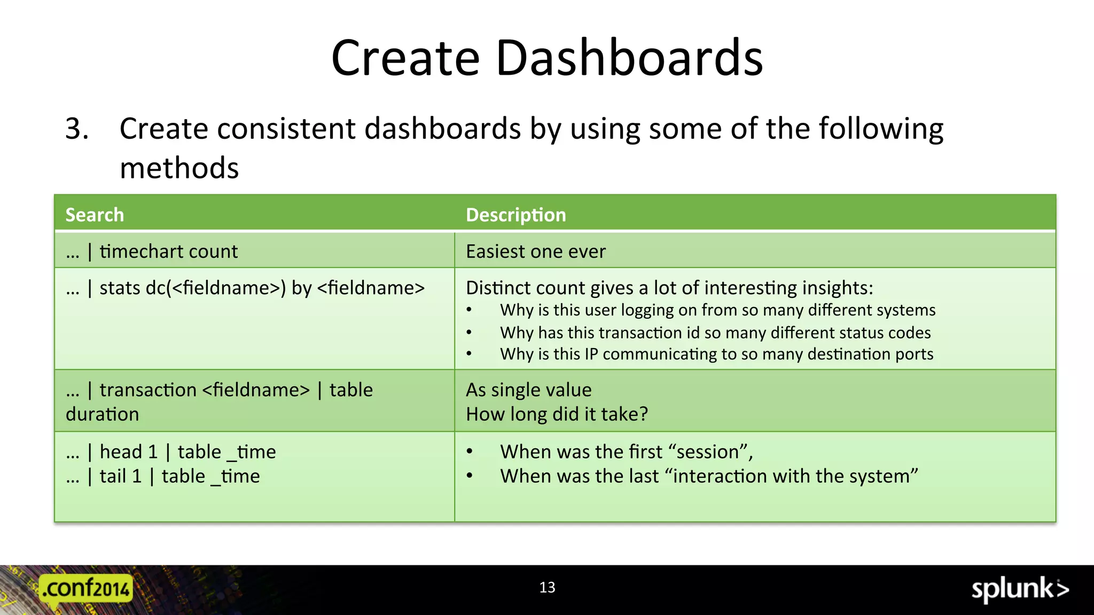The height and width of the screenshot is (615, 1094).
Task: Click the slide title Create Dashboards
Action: coord(547,58)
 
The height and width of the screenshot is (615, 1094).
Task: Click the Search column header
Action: coord(95,215)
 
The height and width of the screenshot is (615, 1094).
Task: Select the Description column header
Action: coord(515,215)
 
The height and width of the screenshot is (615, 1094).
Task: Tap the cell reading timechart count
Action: coord(152,251)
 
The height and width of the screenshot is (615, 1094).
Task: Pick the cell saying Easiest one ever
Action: coord(536,251)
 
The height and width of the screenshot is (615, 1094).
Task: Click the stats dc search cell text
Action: coord(245,288)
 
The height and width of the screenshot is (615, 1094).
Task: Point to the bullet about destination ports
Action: coord(716,354)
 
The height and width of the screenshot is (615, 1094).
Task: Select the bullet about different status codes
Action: coord(715,333)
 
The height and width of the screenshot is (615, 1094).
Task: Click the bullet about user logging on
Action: coord(717,310)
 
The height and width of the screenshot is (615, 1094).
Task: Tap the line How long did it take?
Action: coord(557,414)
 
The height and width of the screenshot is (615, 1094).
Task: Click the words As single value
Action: coord(528,390)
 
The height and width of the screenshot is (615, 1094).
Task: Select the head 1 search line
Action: coord(171,452)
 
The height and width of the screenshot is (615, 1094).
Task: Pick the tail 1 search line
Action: coord(163,476)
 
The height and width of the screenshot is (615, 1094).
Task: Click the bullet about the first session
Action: coord(626,452)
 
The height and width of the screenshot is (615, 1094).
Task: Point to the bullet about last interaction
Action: coord(709,476)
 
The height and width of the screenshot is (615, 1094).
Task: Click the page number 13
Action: coord(547,587)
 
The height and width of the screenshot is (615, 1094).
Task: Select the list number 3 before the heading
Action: coord(77,129)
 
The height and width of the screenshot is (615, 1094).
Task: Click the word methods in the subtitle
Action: coord(179,168)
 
